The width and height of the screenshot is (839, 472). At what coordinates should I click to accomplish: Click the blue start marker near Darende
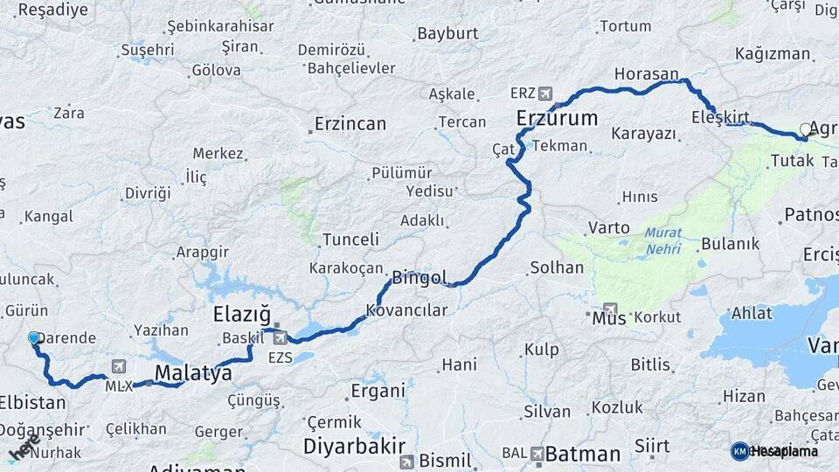click(34, 337)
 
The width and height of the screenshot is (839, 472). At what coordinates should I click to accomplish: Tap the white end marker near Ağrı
click(806, 129)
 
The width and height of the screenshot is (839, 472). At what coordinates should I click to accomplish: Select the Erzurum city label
click(557, 117)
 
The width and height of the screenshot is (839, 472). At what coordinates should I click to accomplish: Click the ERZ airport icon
click(546, 93)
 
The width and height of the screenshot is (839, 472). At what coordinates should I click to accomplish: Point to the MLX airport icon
click(119, 367)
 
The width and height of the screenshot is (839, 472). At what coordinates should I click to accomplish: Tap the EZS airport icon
click(280, 337)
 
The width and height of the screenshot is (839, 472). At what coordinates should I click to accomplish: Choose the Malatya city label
click(193, 374)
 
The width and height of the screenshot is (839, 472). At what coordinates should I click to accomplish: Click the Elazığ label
click(241, 314)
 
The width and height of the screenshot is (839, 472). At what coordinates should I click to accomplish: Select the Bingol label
click(419, 279)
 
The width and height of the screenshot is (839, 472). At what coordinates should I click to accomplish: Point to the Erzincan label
click(350, 124)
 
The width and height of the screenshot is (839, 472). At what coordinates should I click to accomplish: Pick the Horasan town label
click(646, 74)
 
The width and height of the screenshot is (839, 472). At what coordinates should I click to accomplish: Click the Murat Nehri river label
click(662, 241)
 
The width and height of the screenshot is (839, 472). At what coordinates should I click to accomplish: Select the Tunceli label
click(350, 239)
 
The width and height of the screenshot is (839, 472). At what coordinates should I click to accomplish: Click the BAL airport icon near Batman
click(536, 455)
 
